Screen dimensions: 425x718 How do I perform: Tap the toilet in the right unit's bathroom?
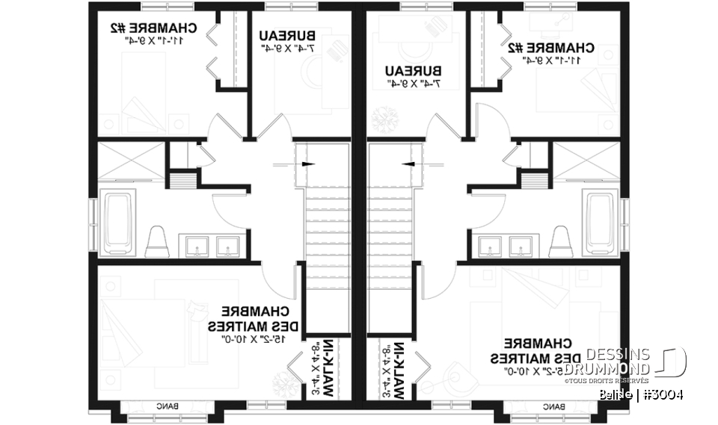click(560, 241)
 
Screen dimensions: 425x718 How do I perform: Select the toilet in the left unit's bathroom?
click(157, 241)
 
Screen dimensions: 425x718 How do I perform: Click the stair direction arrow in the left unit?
click(307, 164)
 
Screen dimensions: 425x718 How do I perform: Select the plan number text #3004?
click(660, 394)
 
